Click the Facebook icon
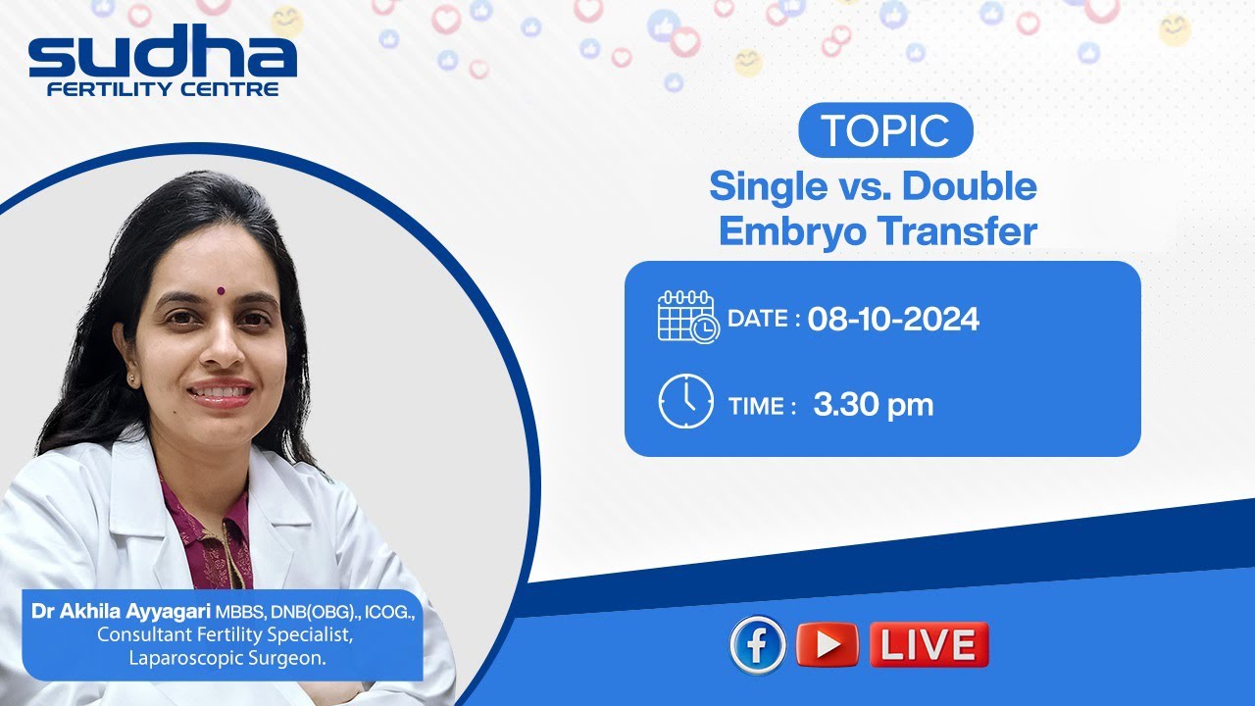point(757,645)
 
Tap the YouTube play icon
point(828,645)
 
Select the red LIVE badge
point(929,645)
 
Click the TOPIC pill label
point(885,130)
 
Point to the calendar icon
point(687,317)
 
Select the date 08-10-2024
point(893,320)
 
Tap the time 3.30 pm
point(873,405)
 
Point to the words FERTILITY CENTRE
point(163,89)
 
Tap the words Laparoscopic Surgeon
point(227,659)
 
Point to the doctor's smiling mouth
point(221,392)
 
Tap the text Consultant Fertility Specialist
point(224,635)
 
